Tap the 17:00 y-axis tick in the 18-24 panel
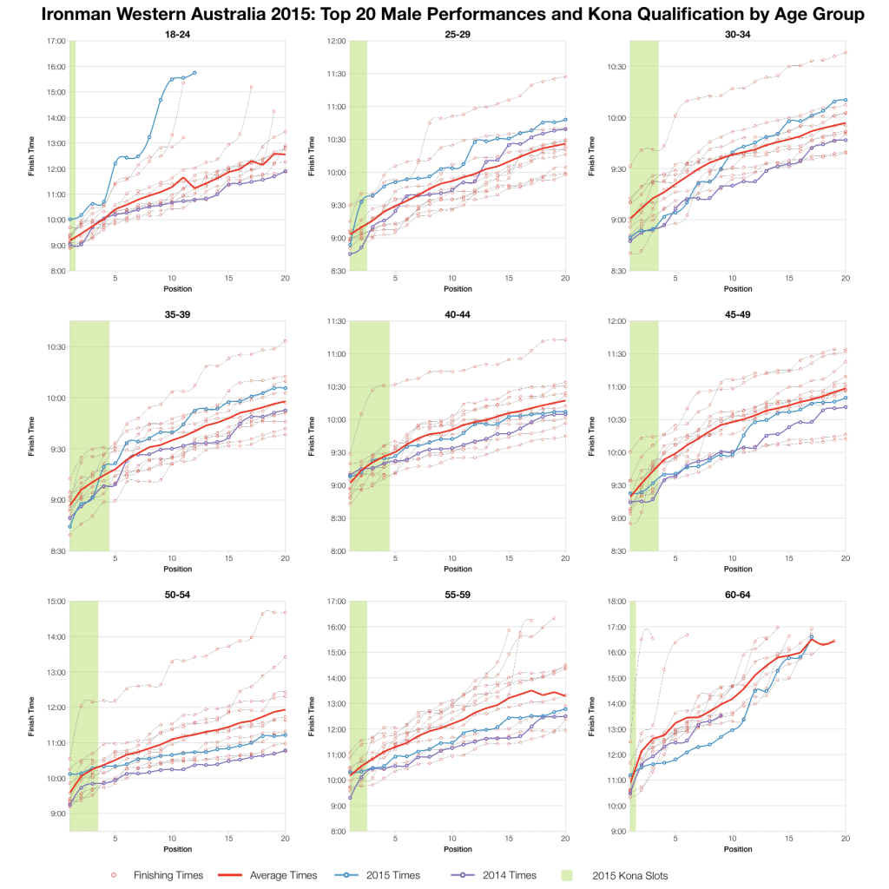click(x=55, y=41)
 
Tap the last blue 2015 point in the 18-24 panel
click(x=194, y=73)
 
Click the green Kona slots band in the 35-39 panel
click(x=89, y=434)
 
